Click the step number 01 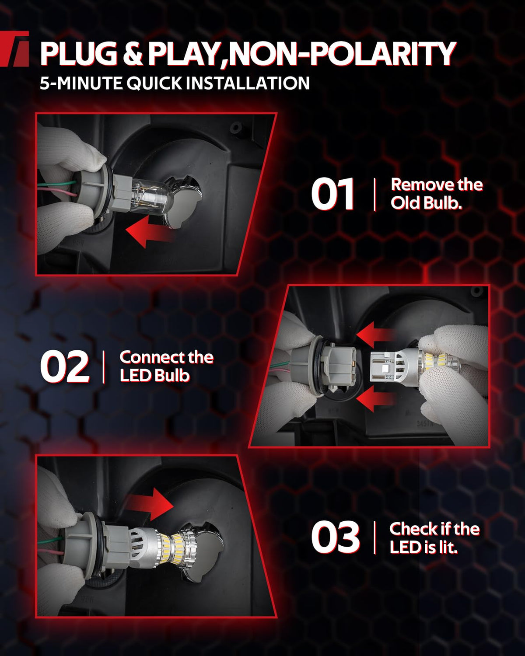click(x=332, y=194)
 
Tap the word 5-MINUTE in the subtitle click(x=81, y=83)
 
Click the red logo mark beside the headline click(x=14, y=49)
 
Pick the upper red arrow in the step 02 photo click(x=376, y=334)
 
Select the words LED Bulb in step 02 click(x=154, y=376)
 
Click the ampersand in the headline click(x=133, y=54)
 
